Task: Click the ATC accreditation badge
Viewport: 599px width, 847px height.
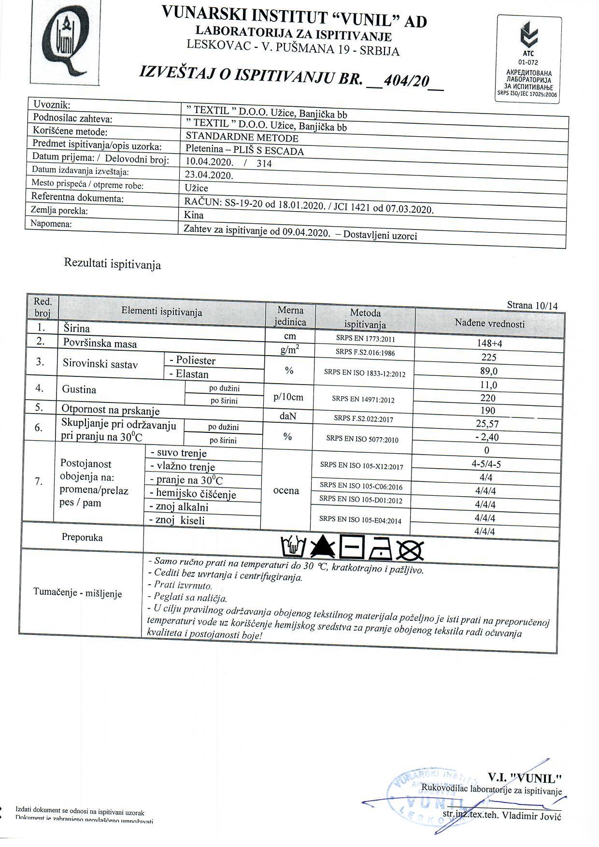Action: (529, 59)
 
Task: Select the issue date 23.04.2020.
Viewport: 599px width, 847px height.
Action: (209, 175)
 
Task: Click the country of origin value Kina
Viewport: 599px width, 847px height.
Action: (194, 215)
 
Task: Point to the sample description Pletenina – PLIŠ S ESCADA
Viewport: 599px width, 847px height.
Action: (244, 150)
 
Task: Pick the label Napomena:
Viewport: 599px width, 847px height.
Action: (51, 224)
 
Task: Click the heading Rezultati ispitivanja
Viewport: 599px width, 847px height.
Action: (112, 264)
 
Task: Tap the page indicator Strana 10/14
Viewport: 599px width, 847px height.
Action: (532, 305)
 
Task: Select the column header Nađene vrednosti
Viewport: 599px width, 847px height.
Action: (489, 323)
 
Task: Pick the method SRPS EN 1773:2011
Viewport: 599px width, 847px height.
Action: (365, 339)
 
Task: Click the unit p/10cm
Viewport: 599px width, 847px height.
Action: (288, 397)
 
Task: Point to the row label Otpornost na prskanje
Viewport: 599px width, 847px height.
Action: (110, 410)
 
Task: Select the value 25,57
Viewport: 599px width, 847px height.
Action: (487, 424)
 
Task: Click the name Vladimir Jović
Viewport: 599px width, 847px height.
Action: (531, 816)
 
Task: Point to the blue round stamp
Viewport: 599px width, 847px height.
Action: (430, 797)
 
